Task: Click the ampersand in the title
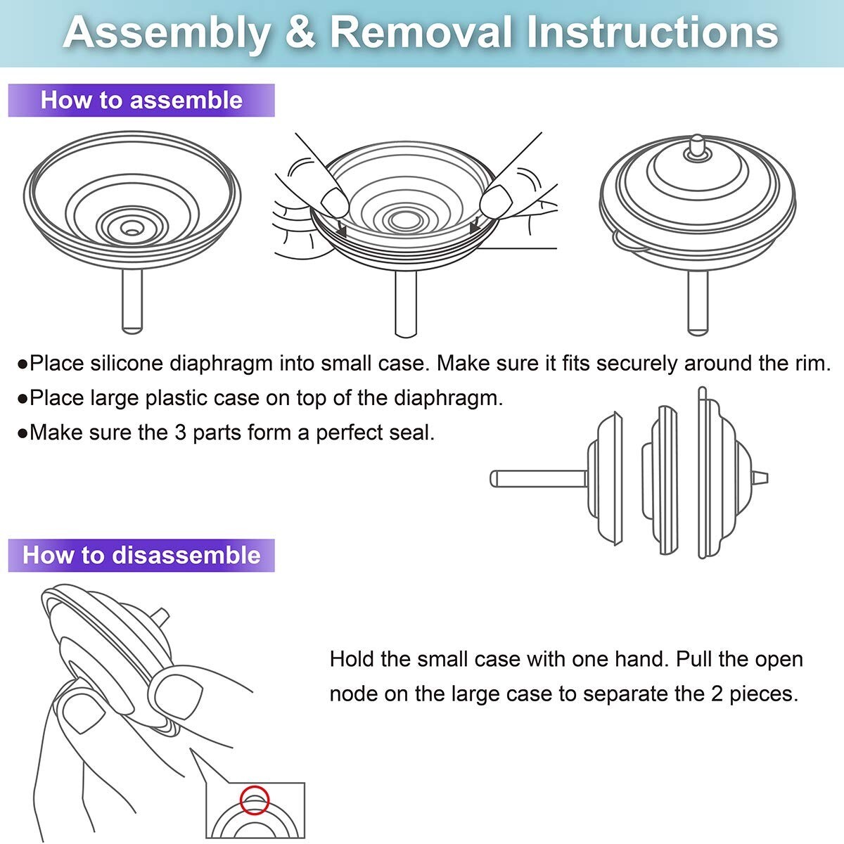tap(300, 32)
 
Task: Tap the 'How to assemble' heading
tap(141, 100)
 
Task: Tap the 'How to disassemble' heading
tap(141, 555)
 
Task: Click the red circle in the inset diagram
tap(255, 800)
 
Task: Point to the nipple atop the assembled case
tap(696, 144)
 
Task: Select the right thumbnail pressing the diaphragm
tap(494, 202)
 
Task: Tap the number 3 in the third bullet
tap(180, 432)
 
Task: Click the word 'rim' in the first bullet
tap(811, 364)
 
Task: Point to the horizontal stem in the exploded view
tap(539, 479)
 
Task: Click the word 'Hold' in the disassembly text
tap(352, 660)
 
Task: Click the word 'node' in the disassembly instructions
tap(354, 694)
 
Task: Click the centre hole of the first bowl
tap(131, 229)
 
